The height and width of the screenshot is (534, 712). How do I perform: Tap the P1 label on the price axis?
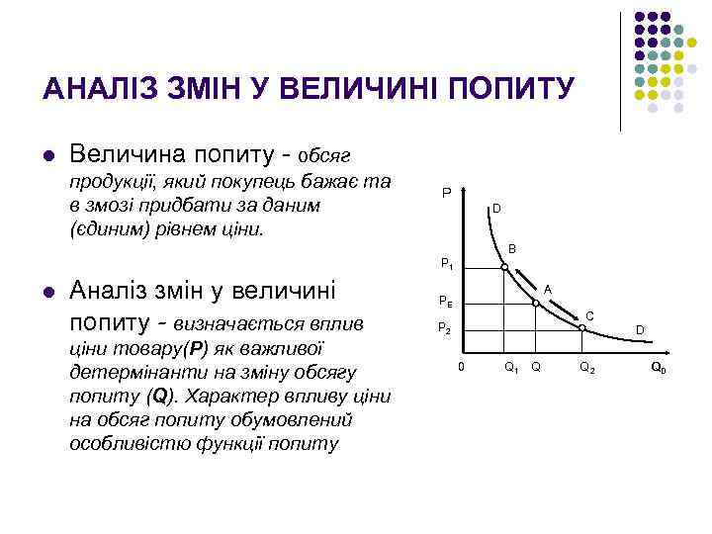447,265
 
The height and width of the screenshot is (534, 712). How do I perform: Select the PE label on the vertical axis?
447,304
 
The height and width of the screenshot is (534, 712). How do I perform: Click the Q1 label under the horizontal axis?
511,368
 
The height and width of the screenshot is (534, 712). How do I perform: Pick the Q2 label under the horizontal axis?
586,368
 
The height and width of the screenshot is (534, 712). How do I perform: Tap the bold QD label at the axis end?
658,368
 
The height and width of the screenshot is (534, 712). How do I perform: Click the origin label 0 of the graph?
460,367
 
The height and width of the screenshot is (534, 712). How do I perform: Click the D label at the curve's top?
497,209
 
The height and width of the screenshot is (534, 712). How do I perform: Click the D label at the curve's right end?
640,328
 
